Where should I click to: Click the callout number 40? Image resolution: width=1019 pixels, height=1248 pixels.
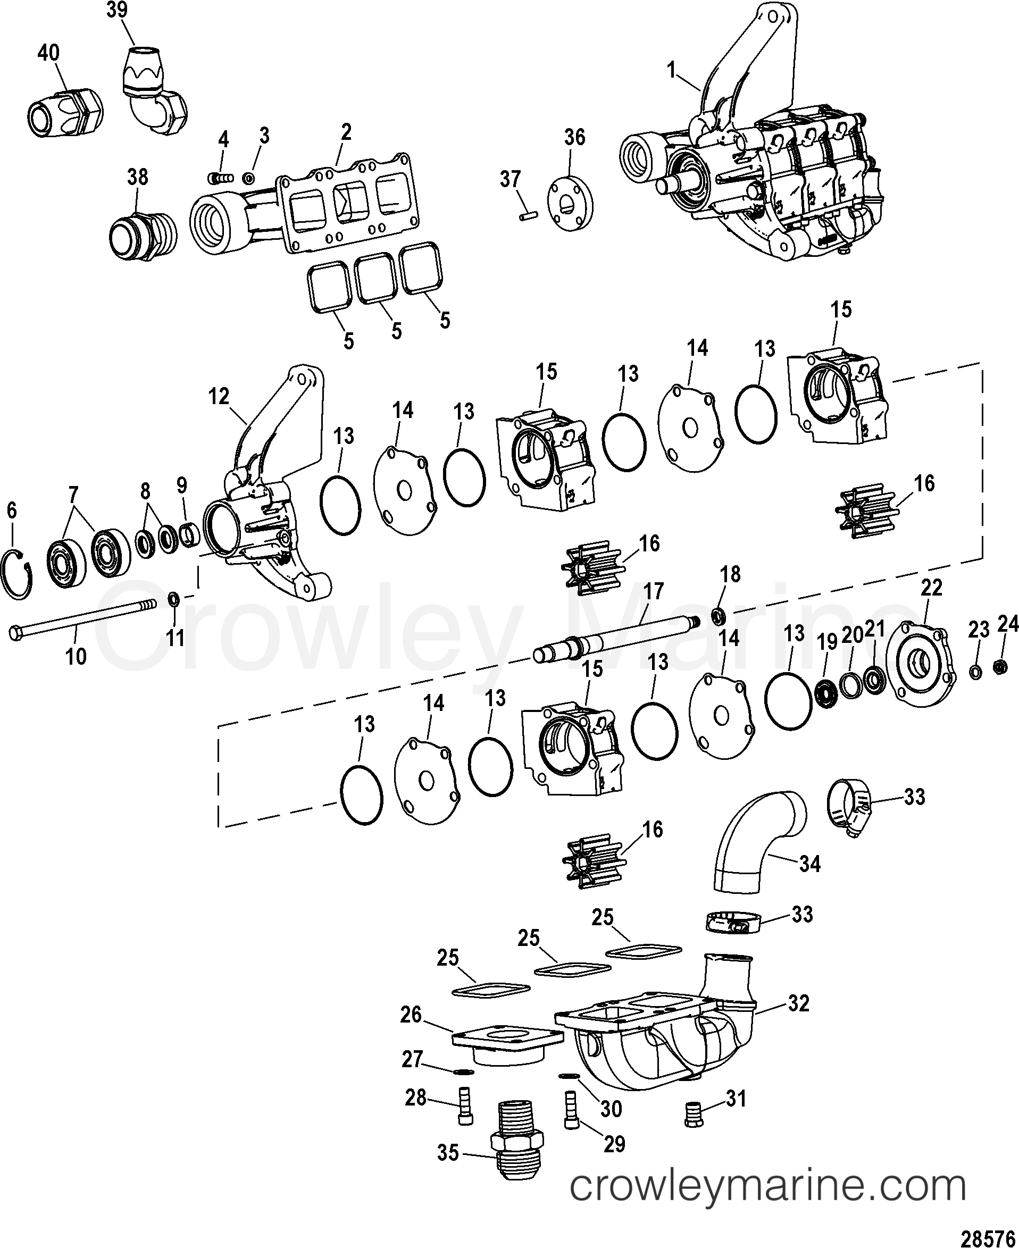[48, 53]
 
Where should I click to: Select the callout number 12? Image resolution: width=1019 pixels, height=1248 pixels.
[219, 397]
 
